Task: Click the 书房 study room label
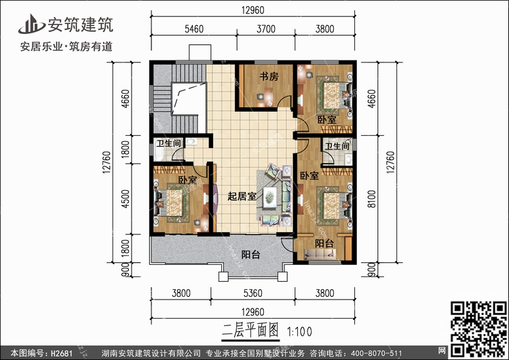pos(269,77)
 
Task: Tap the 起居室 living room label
pos(242,196)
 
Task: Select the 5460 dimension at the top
pos(194,29)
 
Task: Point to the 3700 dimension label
pos(266,29)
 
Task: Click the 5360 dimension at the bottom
pos(253,293)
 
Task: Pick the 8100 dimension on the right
pos(372,199)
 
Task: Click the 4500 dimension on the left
pos(125,199)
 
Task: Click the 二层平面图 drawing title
pos(250,331)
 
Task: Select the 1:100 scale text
pos(299,331)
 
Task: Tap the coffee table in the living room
pos(269,197)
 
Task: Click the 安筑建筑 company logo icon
pos(31,24)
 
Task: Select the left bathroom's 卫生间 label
pos(168,143)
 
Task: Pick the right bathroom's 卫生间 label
pos(337,146)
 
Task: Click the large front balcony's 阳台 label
pos(250,255)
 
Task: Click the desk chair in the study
pos(261,96)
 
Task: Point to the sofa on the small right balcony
pos(322,254)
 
